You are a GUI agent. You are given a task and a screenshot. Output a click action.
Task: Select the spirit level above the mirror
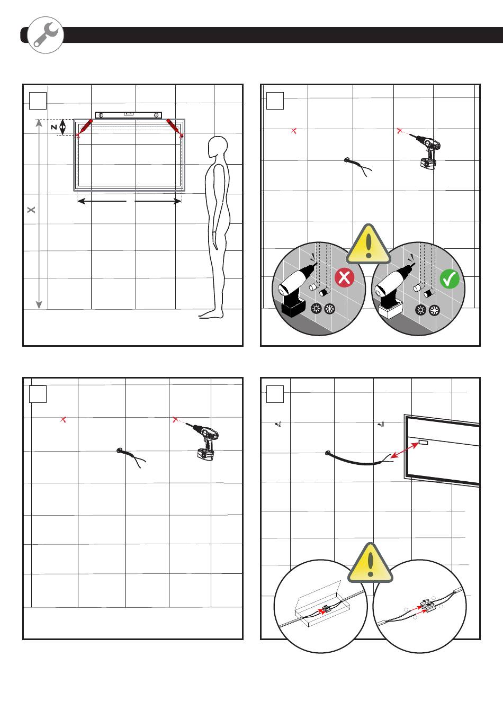click(128, 115)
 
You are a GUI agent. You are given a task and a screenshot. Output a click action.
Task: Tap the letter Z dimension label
click(53, 127)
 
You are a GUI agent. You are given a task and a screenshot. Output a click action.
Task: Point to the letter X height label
click(31, 210)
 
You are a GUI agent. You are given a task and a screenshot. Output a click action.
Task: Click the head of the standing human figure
click(218, 147)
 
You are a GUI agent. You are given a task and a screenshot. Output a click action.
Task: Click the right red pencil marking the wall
click(174, 128)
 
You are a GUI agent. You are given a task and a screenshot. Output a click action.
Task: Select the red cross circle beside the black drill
click(344, 278)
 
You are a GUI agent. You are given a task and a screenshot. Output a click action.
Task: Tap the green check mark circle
click(449, 278)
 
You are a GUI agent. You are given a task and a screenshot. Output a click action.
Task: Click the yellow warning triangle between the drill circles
click(369, 245)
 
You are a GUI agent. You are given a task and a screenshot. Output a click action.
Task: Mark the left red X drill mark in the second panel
click(294, 130)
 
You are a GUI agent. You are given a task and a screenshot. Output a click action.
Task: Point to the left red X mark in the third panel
click(64, 419)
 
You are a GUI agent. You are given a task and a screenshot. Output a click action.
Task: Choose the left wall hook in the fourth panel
click(280, 424)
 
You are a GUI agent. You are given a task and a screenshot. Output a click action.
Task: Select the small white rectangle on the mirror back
click(423, 442)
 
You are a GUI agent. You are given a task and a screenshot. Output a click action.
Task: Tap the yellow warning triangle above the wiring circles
click(370, 563)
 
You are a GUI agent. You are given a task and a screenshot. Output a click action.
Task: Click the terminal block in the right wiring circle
click(427, 605)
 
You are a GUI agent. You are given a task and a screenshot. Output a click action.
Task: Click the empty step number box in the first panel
click(38, 101)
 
